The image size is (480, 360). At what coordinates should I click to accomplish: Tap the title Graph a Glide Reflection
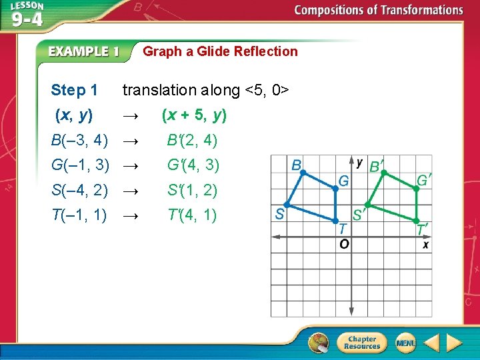pos(220,51)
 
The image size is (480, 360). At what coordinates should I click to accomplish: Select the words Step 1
pos(74,90)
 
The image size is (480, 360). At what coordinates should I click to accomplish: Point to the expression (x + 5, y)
pos(194,115)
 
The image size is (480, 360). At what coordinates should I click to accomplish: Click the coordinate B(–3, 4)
pos(79,141)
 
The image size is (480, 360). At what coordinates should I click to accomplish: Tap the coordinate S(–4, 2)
pos(79,191)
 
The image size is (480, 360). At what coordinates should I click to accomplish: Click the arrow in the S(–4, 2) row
pos(131,191)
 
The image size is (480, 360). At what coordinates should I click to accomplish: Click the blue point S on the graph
pos(287,205)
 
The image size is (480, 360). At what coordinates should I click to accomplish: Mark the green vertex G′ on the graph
pos(416,189)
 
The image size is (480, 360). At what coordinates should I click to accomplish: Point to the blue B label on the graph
pos(296,165)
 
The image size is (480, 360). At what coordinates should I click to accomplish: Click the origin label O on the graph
pos(344,244)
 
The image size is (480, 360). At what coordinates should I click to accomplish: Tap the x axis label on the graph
pos(425,244)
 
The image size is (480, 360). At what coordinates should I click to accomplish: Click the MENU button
pos(405,343)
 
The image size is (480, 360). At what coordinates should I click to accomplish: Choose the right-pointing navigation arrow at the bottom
pos(454,343)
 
